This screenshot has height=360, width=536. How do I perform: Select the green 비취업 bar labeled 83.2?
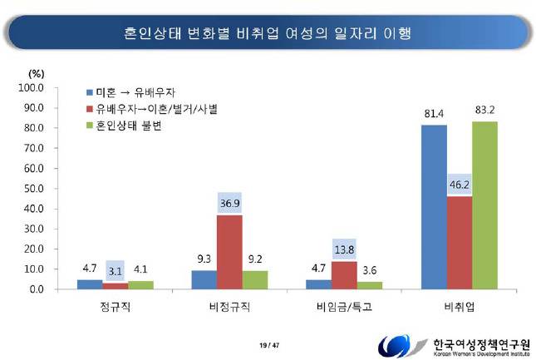click(484, 205)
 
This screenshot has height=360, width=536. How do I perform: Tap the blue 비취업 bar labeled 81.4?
click(433, 207)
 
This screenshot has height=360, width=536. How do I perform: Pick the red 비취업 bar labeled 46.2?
click(459, 243)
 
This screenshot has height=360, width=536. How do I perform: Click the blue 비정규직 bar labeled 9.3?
click(204, 279)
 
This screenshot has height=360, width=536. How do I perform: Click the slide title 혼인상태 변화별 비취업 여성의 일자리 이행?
click(268, 33)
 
